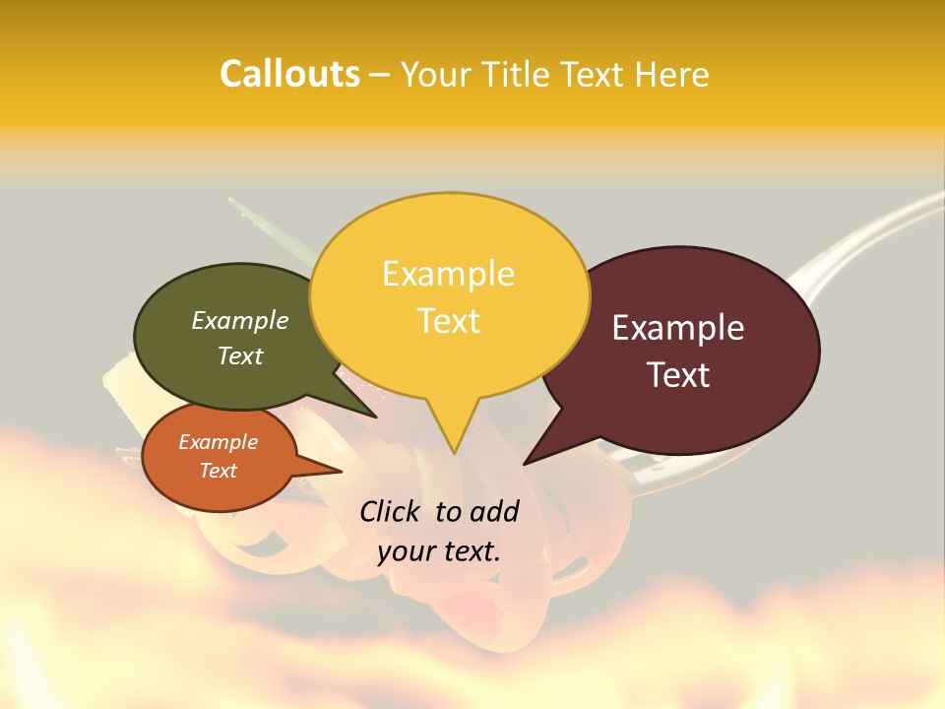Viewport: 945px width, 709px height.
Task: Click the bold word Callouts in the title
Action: click(x=289, y=74)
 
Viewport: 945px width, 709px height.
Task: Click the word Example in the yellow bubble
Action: click(x=448, y=274)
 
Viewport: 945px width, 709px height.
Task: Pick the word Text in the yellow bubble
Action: click(x=448, y=321)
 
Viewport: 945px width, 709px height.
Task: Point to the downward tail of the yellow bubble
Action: click(x=453, y=433)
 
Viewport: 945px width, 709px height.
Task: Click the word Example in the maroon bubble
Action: click(x=678, y=328)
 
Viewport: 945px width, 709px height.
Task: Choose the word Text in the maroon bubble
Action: click(x=678, y=375)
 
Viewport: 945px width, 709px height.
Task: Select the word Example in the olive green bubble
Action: click(x=240, y=320)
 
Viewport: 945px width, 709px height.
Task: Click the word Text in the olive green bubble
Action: click(x=240, y=355)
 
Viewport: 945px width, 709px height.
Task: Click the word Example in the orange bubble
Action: click(x=218, y=442)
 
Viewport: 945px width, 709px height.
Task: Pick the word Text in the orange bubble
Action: click(x=218, y=471)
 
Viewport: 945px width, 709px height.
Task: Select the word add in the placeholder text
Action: click(x=493, y=511)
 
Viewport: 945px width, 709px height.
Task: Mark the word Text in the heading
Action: click(x=596, y=74)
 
